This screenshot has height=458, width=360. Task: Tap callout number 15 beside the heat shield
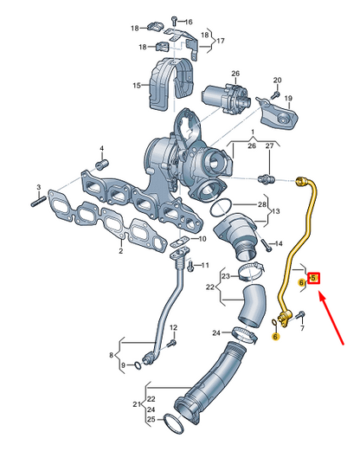(x=136, y=86)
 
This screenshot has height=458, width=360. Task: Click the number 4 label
(x=102, y=147)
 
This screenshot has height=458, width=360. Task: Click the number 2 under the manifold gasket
(x=120, y=251)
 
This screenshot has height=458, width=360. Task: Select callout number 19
(x=289, y=99)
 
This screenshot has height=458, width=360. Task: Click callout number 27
(x=268, y=148)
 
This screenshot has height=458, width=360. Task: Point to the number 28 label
(x=263, y=203)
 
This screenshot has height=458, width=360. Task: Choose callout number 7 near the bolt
(x=302, y=330)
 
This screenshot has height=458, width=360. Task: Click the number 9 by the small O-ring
(x=123, y=364)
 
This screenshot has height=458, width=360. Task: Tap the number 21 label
(x=137, y=403)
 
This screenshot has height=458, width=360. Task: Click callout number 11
(x=205, y=264)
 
